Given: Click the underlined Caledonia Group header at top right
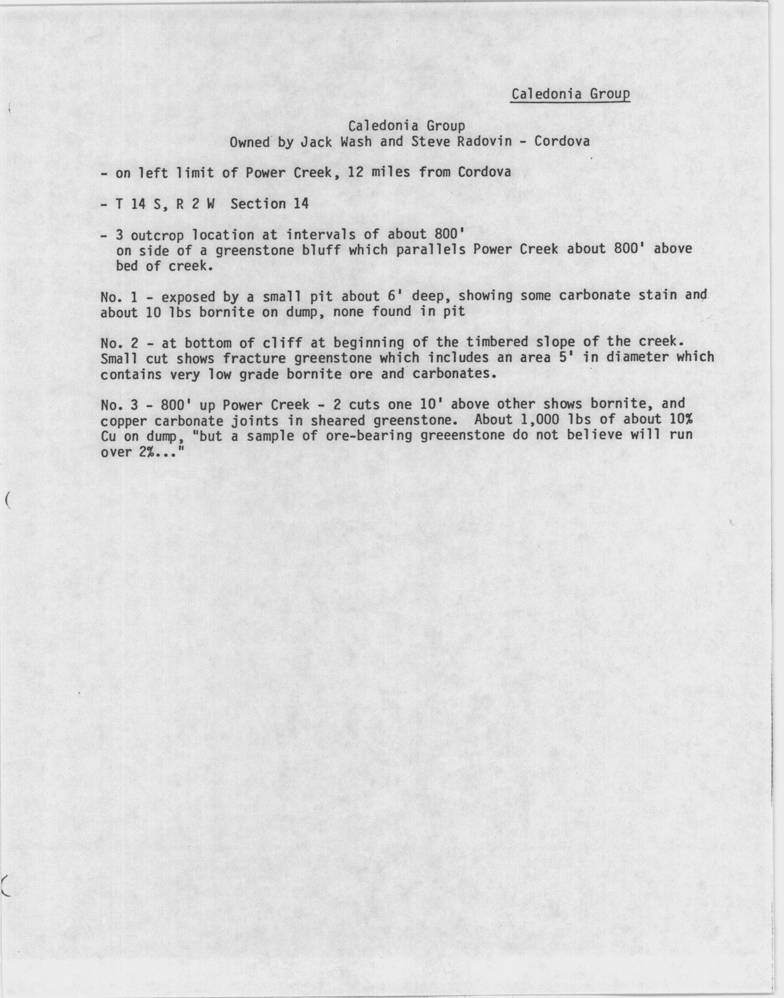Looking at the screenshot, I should click(570, 94).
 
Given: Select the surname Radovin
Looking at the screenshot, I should click(484, 142).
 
